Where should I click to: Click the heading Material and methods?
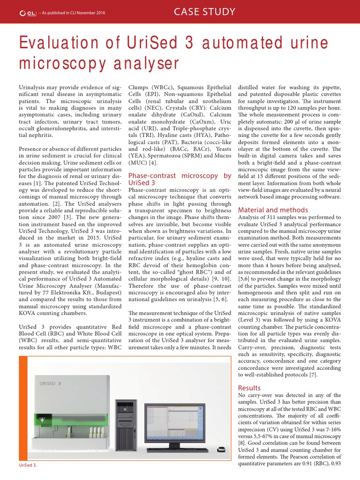(x=273, y=210)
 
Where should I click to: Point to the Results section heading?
(x=249, y=388)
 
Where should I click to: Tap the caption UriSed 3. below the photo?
(x=27, y=465)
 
